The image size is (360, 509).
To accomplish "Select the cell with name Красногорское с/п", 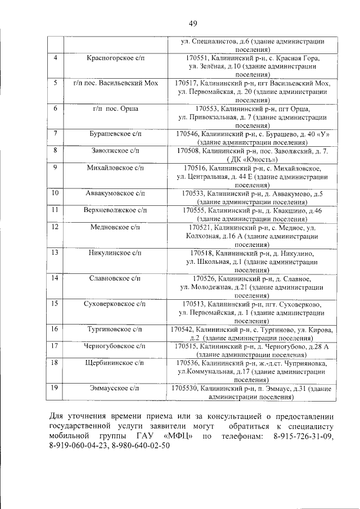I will tap(115, 58).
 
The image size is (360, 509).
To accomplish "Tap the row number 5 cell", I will tap(55, 83).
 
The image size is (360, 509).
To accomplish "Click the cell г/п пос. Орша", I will tap(115, 108).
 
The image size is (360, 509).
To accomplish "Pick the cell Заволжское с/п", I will tap(115, 151).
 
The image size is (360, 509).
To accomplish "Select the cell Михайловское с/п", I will tap(115, 168).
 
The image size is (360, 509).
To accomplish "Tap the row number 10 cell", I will tap(55, 193).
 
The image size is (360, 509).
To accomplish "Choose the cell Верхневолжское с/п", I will tap(115, 210).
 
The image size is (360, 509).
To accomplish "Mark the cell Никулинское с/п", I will tap(115, 253).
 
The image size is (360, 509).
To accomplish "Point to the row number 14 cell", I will tap(55, 278).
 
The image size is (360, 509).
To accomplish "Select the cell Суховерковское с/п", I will tap(115, 303).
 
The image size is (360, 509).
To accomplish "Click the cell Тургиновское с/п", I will tap(115, 329).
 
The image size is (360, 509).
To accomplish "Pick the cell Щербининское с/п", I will tap(115, 363).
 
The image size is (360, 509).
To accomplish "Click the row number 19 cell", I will tap(55, 388).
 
